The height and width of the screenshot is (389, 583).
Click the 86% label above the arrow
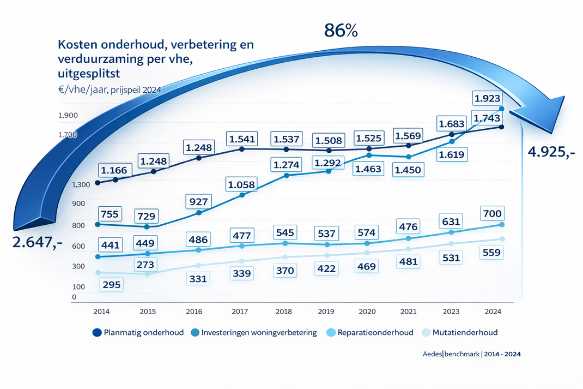(341, 31)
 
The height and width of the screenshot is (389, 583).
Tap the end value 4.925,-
(551, 152)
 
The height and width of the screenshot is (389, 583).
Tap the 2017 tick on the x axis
(240, 311)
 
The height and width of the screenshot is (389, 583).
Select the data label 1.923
(488, 99)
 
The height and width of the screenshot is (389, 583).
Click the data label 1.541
(241, 139)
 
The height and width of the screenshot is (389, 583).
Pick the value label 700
(491, 213)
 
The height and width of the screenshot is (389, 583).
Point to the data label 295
(112, 284)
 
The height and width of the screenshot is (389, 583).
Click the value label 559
(491, 253)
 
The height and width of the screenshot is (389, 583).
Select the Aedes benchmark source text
(472, 354)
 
